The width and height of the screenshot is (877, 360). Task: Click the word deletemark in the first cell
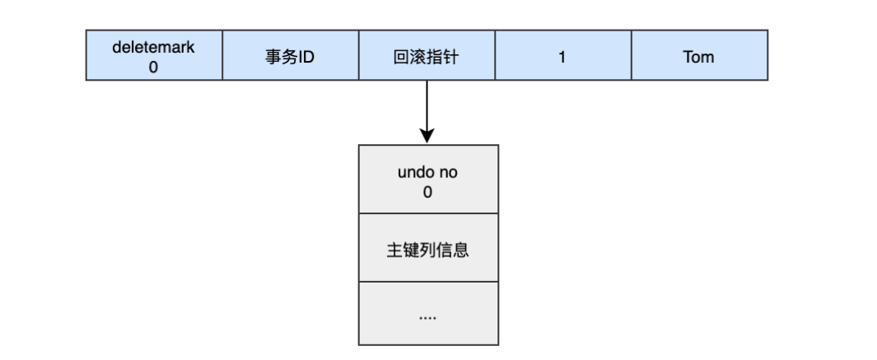(x=153, y=47)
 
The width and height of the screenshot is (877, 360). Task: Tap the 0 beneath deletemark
(x=153, y=68)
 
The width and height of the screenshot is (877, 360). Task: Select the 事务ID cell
(x=290, y=56)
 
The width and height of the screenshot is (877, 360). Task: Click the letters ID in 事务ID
(x=306, y=57)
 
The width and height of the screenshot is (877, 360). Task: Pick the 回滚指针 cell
(x=427, y=56)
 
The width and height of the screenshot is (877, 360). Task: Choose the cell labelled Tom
(x=699, y=56)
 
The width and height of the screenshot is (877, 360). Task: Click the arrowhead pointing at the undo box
(x=427, y=134)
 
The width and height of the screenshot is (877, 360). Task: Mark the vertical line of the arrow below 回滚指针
(x=427, y=103)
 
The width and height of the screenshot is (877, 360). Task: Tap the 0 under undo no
(x=428, y=192)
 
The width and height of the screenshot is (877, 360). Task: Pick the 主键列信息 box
(x=428, y=248)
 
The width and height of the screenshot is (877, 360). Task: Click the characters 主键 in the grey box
(x=403, y=250)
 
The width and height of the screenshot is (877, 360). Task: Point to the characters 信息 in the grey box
(x=453, y=250)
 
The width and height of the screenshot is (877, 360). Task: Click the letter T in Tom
(x=687, y=57)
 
